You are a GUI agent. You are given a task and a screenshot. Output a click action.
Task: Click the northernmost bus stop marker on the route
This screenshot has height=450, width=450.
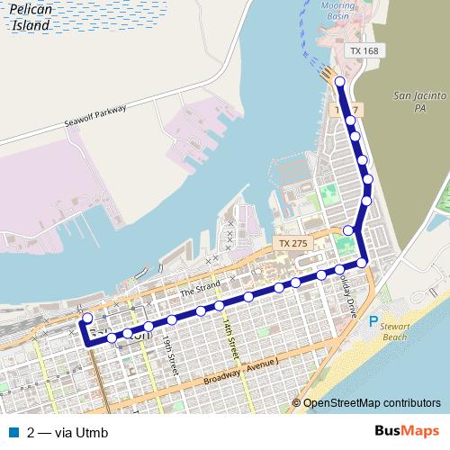(x=340, y=83)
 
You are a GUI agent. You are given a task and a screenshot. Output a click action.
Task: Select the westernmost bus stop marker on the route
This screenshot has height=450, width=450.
(x=87, y=318)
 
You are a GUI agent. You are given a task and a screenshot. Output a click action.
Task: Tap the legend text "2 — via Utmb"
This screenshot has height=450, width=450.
(x=67, y=433)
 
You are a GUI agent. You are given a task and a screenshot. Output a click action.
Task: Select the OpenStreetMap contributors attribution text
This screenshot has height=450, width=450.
(x=371, y=403)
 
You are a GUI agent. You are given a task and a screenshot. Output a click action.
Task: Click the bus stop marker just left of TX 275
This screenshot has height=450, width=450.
(x=348, y=230)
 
